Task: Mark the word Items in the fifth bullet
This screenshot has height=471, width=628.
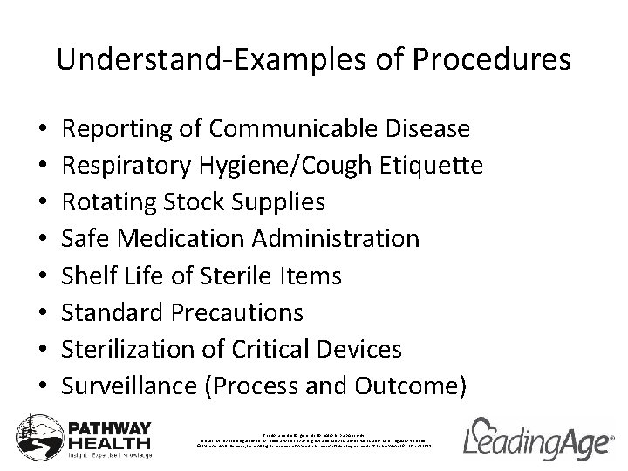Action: click(x=312, y=276)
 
